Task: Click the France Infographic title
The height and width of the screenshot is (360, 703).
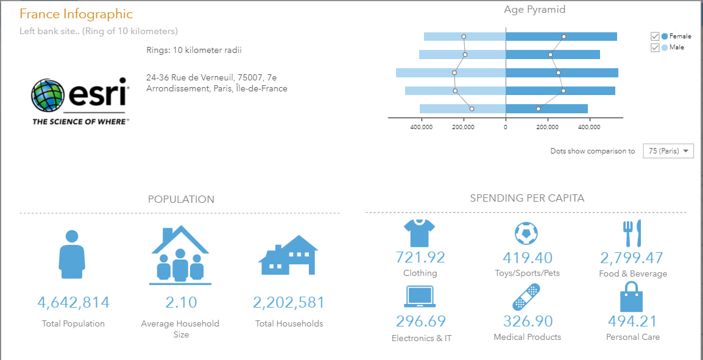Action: coord(76,14)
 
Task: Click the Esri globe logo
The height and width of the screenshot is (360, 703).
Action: coord(48,96)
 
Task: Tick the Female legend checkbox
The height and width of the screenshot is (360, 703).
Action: coord(655,37)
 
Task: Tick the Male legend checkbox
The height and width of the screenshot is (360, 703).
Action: coord(655,48)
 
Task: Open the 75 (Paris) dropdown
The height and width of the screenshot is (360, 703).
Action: coord(668,151)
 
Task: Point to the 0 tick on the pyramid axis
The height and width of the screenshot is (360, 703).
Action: coord(505,127)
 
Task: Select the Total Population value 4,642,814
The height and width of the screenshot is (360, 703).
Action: coord(73,303)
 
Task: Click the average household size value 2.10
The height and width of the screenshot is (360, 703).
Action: coord(180,303)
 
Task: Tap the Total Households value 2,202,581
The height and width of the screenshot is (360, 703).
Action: coord(289,303)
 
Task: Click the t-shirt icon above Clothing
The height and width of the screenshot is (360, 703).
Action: coord(419,233)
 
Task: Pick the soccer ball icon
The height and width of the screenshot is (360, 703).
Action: coord(526,233)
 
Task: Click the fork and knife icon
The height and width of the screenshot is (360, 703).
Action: coord(632,233)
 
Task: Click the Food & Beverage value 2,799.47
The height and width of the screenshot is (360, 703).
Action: coord(632,258)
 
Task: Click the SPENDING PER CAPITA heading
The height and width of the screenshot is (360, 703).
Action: coord(527,199)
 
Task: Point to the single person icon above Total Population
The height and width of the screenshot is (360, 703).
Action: coord(72,251)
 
